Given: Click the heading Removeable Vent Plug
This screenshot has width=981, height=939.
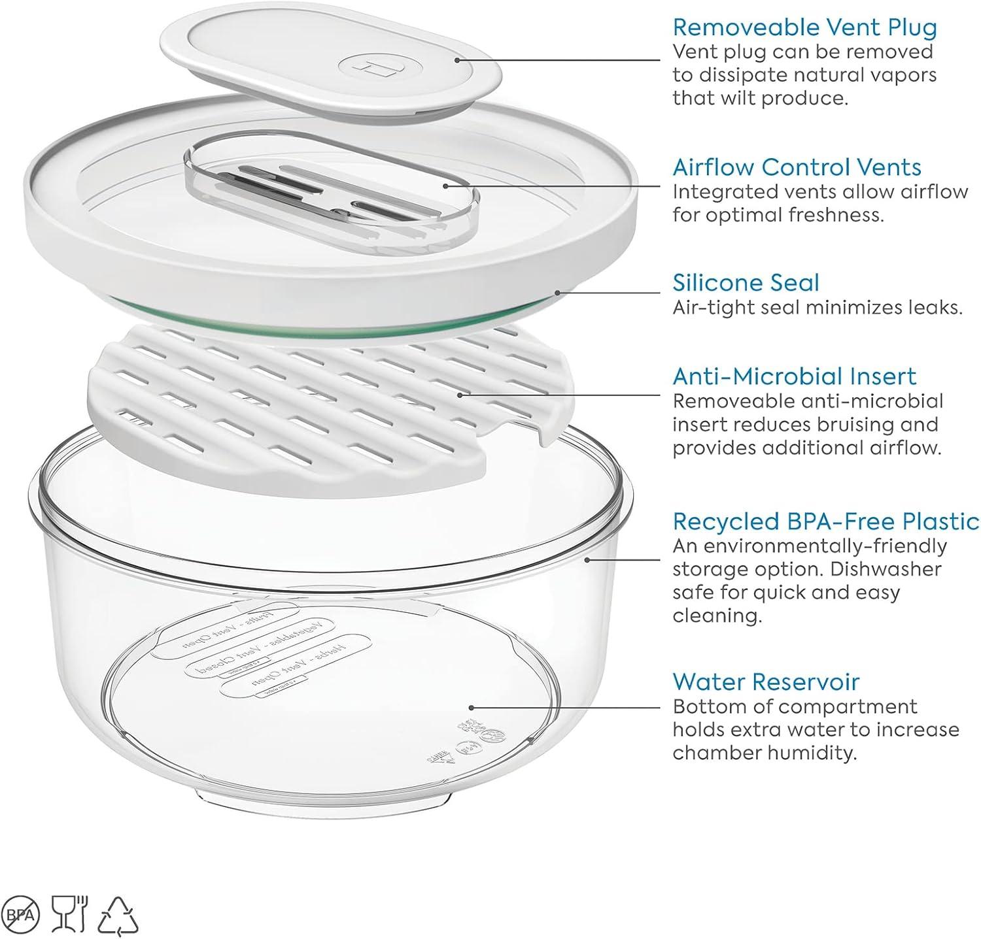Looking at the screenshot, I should click(x=804, y=27).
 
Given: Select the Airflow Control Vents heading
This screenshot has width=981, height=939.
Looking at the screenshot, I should click(x=797, y=167).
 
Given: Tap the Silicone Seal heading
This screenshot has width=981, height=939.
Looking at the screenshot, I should click(x=746, y=283).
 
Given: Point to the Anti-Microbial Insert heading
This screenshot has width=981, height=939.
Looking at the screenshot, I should click(x=794, y=376).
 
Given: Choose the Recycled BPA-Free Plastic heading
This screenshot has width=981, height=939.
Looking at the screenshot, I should click(x=825, y=521).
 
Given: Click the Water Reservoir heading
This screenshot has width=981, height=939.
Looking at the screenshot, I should click(x=765, y=682).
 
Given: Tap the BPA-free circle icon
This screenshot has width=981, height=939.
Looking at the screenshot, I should click(x=22, y=913).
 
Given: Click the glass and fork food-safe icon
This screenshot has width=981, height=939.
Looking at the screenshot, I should click(x=69, y=913).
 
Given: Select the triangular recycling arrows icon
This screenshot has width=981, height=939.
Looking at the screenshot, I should click(x=118, y=915).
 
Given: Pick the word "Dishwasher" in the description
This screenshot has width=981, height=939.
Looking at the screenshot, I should click(x=886, y=569).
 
